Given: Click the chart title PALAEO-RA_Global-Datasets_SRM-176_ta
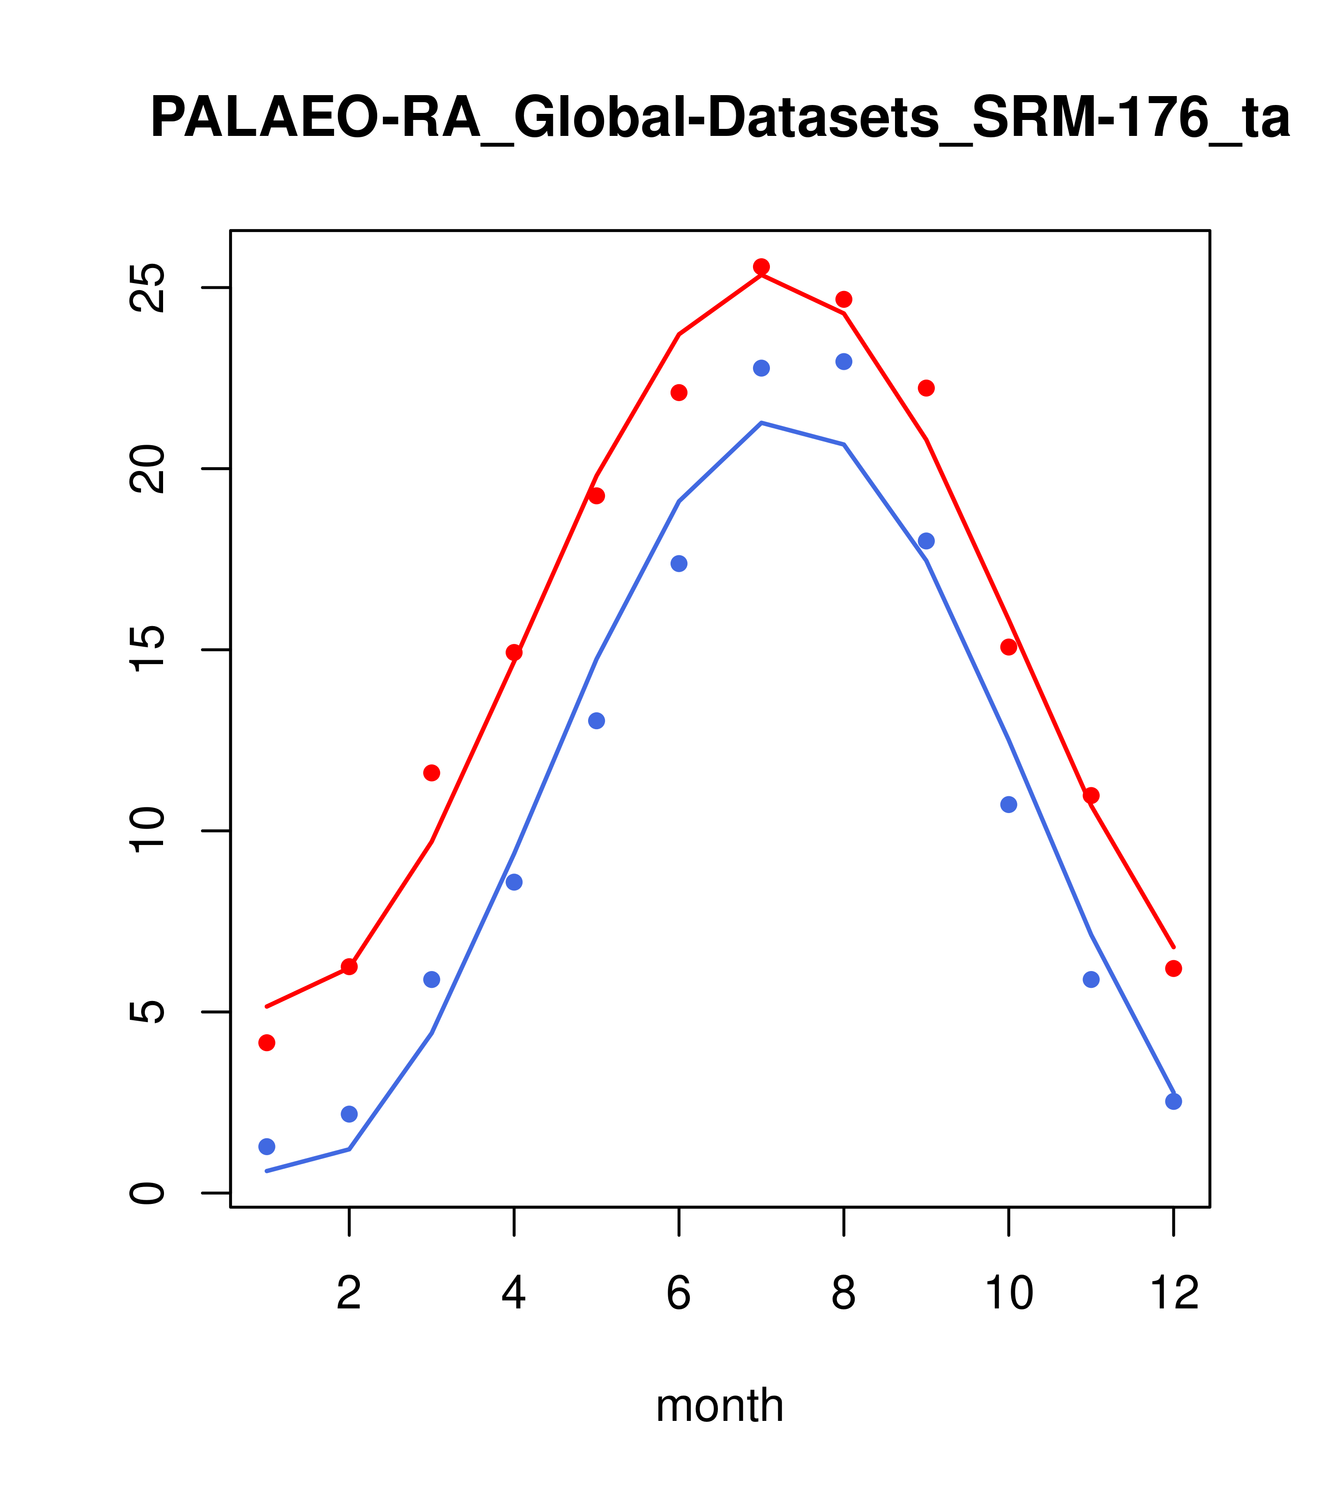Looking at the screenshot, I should (720, 119).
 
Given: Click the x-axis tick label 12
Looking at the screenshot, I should (1174, 1294).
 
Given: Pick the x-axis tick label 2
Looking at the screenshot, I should (350, 1294).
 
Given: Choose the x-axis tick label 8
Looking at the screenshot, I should (843, 1294).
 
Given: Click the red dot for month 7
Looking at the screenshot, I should (761, 267).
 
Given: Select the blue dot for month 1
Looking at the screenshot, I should (267, 1147).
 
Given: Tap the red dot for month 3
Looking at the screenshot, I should (432, 773).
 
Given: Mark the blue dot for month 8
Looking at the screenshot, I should (843, 362).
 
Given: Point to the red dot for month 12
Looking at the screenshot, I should (1174, 969).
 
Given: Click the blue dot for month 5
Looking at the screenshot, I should (597, 721).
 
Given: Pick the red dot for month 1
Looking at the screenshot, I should (267, 1043).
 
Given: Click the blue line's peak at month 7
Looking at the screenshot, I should (761, 423).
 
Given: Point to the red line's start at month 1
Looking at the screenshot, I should (267, 1007).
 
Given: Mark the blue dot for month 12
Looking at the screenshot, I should (1174, 1102).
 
